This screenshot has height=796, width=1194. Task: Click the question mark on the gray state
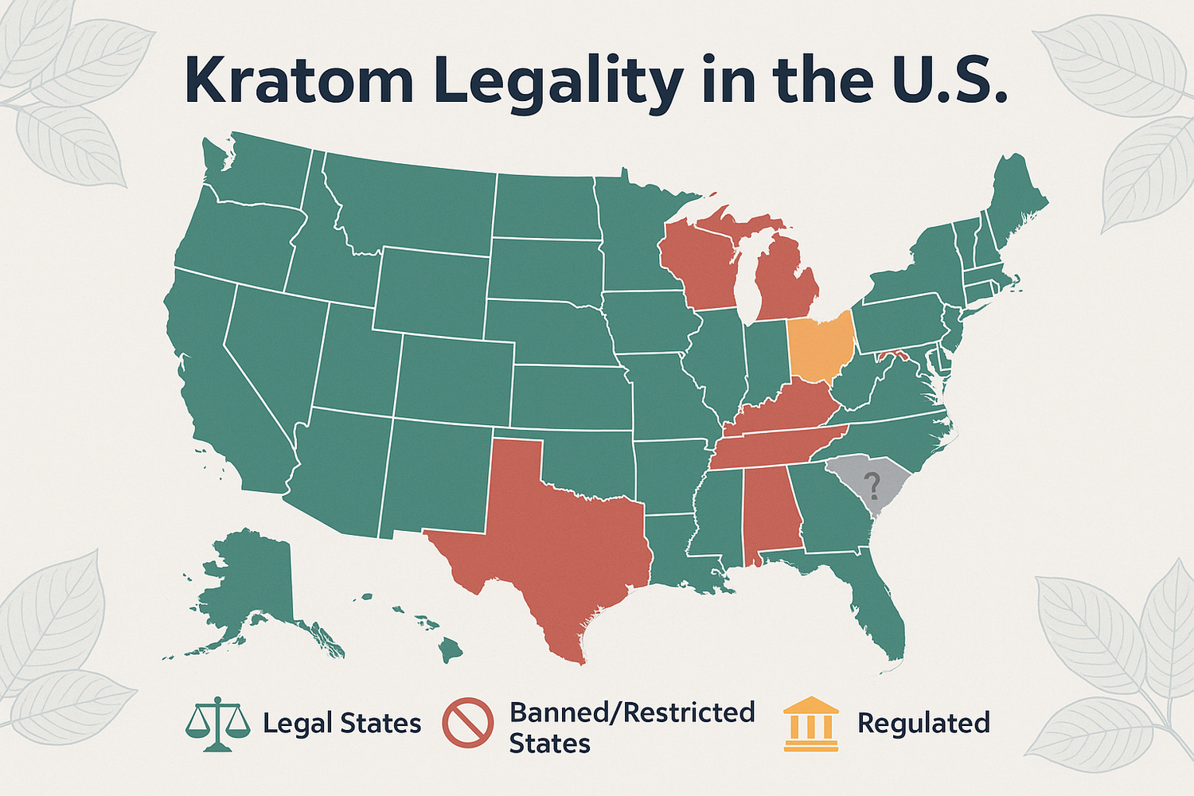coord(872,482)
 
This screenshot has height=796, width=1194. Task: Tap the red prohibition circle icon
coord(467,723)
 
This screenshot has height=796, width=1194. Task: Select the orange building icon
coord(810,724)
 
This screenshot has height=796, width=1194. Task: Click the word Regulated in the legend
coord(923,723)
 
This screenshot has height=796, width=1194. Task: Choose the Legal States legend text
coord(341,724)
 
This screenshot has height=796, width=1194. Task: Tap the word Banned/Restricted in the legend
coord(632,712)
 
